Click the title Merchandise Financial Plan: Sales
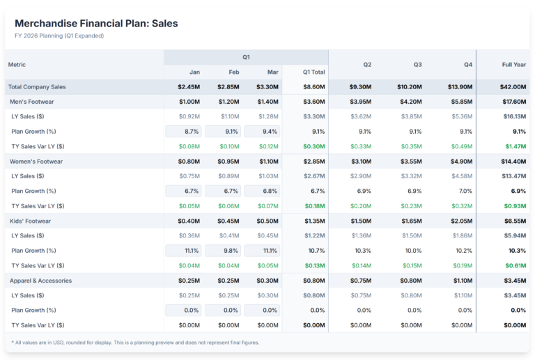[x=96, y=23]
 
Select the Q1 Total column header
[x=313, y=72]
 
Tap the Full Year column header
[x=513, y=64]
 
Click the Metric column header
[x=17, y=64]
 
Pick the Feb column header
[x=233, y=72]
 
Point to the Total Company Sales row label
[x=37, y=86]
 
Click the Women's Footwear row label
[x=37, y=161]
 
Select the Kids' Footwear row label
[x=31, y=221]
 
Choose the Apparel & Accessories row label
[x=41, y=281]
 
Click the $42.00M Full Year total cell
[x=512, y=86]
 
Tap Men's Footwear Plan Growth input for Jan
[x=183, y=131]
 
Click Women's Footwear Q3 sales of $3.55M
[x=410, y=161]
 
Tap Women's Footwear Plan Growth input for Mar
[x=263, y=191]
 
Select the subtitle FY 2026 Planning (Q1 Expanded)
[x=59, y=36]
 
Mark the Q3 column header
[x=417, y=64]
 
